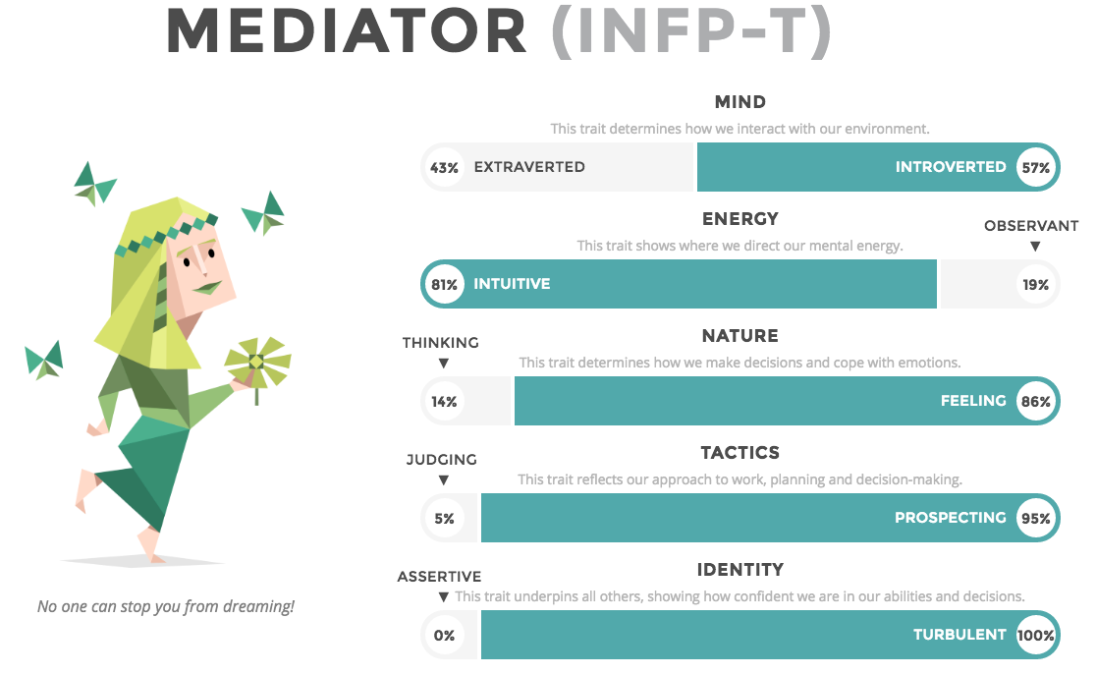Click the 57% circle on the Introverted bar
coord(1036,167)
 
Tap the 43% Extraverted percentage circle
coord(445,167)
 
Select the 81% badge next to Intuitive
coord(445,284)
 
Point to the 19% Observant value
coord(1036,284)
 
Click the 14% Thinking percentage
coord(445,401)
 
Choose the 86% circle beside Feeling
coord(1036,401)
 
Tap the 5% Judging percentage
coord(445,519)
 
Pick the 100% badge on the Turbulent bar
coord(1036,635)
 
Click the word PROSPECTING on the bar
coord(951,518)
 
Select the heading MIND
coord(740,102)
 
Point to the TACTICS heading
coord(740,453)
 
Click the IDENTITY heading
coord(740,570)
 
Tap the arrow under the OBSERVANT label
coord(1035,247)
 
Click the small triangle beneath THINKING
coord(443,363)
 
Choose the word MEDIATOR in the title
coord(347,30)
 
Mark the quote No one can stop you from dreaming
coord(166,606)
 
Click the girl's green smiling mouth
coord(207,287)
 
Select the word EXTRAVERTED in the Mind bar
coord(529,167)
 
